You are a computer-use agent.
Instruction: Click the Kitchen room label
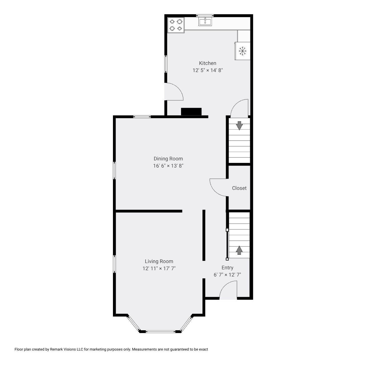(x=208, y=63)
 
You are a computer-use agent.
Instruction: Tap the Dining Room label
(x=168, y=159)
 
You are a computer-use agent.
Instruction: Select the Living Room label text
(x=159, y=261)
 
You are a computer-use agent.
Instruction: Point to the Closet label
(x=239, y=188)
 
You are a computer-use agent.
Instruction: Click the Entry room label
(x=227, y=268)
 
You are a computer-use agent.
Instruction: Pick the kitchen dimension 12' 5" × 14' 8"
(x=208, y=70)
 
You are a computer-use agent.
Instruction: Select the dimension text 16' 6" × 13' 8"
(x=168, y=166)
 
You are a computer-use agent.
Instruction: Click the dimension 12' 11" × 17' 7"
(x=159, y=268)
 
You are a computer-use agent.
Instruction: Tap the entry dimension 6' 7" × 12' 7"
(x=227, y=275)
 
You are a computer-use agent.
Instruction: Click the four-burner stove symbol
(x=176, y=25)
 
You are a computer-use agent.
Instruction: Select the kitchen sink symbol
(x=205, y=21)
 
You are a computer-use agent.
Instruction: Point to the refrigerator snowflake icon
(x=242, y=51)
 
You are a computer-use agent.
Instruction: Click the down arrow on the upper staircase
(x=239, y=126)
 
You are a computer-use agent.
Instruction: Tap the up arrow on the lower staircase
(x=239, y=250)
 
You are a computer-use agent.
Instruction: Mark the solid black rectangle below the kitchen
(x=191, y=112)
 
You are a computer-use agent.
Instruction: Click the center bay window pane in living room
(x=160, y=332)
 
